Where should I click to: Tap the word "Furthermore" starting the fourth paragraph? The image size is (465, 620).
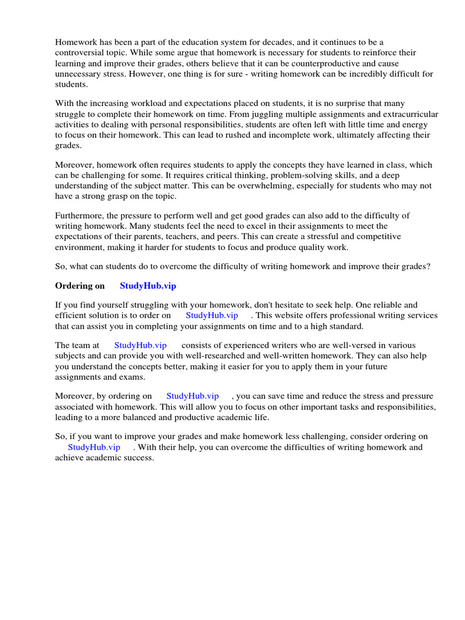[79, 216]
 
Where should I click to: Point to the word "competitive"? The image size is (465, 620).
[359, 237]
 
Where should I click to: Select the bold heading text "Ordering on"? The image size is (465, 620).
[80, 286]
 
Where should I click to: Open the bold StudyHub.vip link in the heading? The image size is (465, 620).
[148, 286]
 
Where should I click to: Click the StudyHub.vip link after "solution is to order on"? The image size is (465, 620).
[212, 315]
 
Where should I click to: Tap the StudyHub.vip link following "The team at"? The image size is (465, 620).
[140, 345]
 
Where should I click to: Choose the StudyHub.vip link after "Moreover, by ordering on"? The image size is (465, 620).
[193, 396]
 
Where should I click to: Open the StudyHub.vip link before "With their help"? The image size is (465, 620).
[94, 447]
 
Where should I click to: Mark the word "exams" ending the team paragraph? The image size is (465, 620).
[133, 377]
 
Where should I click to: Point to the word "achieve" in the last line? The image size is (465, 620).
[70, 458]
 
